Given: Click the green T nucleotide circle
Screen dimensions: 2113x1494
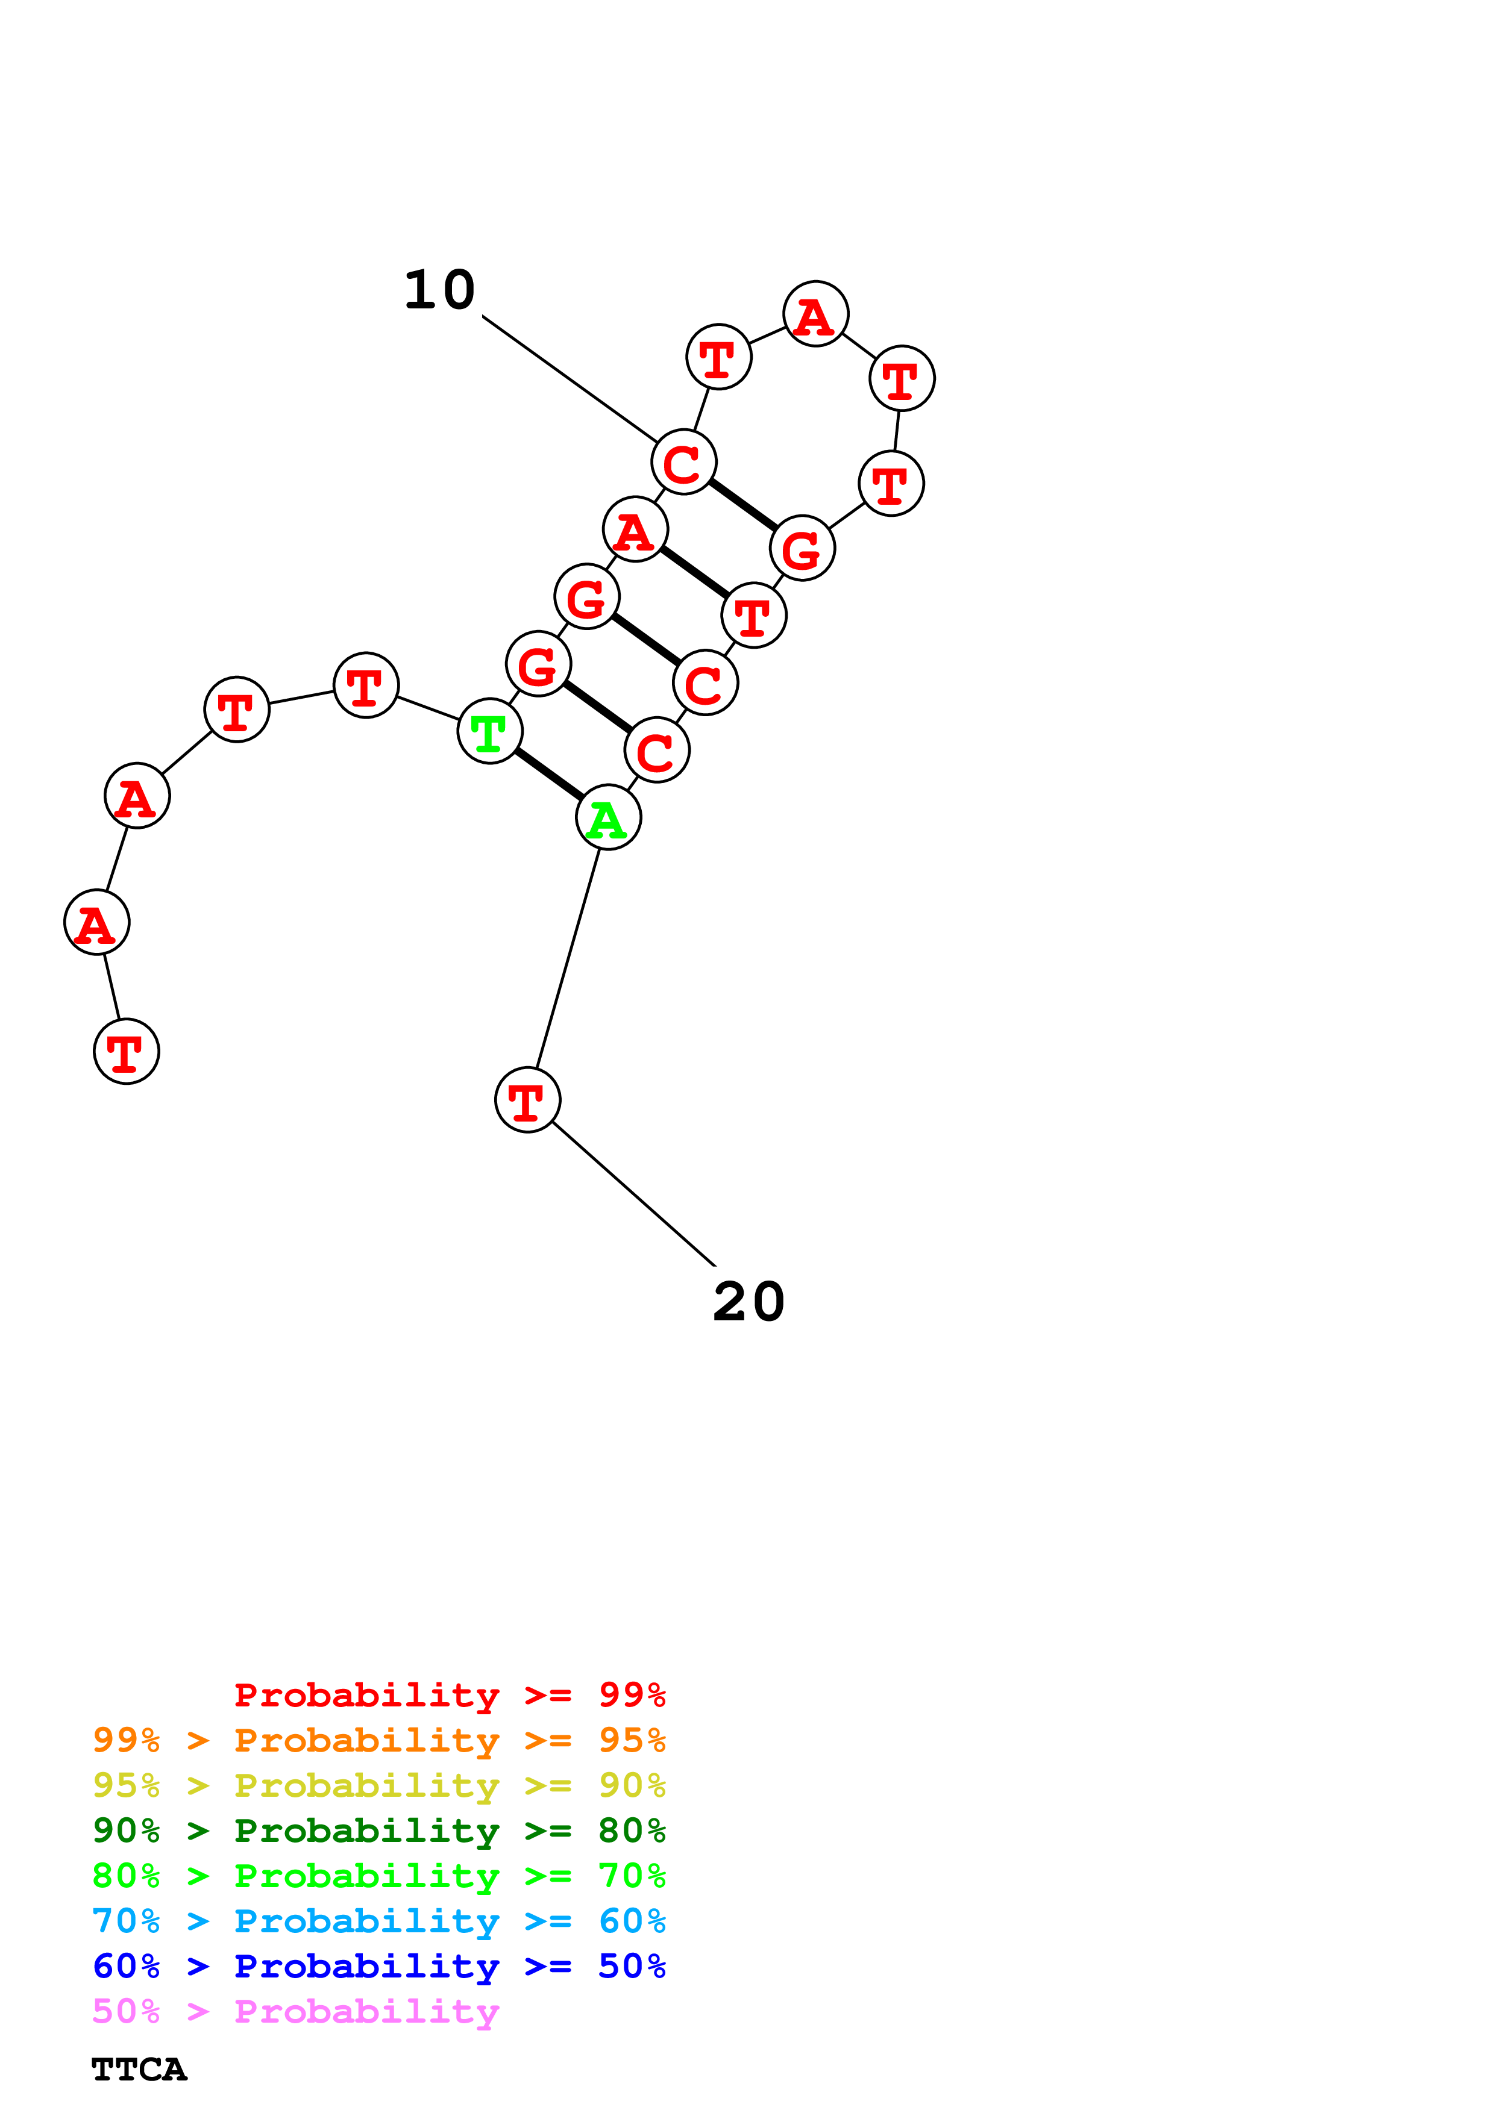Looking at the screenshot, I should point(490,732).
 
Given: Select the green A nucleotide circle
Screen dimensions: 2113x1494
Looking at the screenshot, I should point(607,817).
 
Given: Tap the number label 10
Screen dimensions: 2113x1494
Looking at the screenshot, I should point(440,291).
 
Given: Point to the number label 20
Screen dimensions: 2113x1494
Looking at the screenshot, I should point(749,1302).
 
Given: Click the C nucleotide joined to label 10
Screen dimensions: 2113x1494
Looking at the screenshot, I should point(683,462).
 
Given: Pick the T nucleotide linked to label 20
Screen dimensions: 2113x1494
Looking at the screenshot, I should point(527,1100).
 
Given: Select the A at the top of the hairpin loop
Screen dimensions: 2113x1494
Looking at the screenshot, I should point(815,314).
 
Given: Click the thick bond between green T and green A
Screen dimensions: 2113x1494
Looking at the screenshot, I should point(548,775).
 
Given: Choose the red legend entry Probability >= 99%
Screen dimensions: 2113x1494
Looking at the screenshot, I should point(449,1695).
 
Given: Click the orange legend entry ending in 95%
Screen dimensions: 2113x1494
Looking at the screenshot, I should point(378,1740).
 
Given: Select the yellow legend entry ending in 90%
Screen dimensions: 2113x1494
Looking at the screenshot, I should point(378,1785).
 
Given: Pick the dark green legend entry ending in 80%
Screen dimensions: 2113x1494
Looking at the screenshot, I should point(378,1831).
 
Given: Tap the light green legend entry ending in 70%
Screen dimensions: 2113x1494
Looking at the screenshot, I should point(378,1876).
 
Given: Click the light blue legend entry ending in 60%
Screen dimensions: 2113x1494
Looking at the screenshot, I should point(378,1921).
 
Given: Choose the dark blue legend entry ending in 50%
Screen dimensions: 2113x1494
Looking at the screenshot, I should point(378,1966).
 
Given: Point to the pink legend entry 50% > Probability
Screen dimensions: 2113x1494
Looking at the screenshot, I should point(295,2011).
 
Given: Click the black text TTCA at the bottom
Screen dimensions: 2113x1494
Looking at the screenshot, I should point(139,2070).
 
